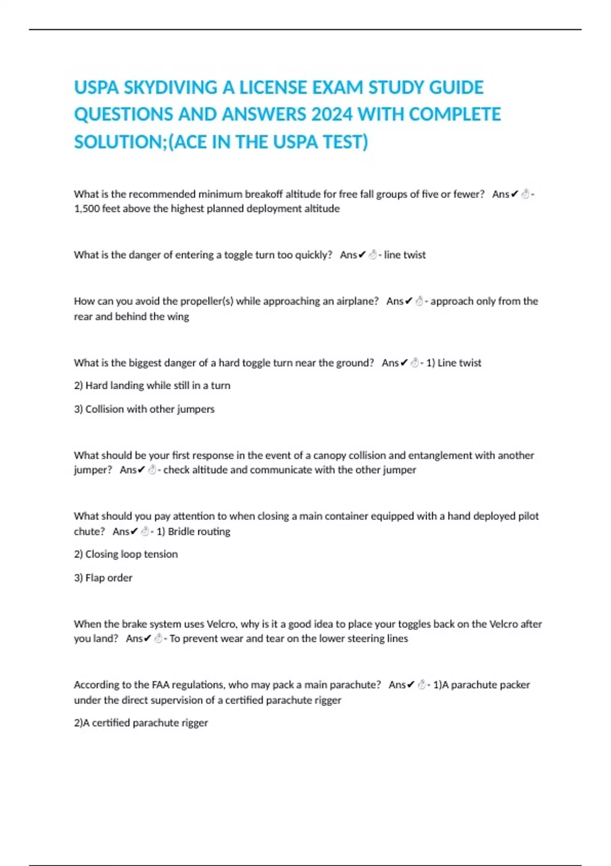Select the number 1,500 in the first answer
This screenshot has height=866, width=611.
click(87, 209)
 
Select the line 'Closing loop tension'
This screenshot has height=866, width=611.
click(126, 554)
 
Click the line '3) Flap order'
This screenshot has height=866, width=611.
click(103, 578)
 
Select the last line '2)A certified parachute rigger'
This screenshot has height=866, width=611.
click(141, 723)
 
